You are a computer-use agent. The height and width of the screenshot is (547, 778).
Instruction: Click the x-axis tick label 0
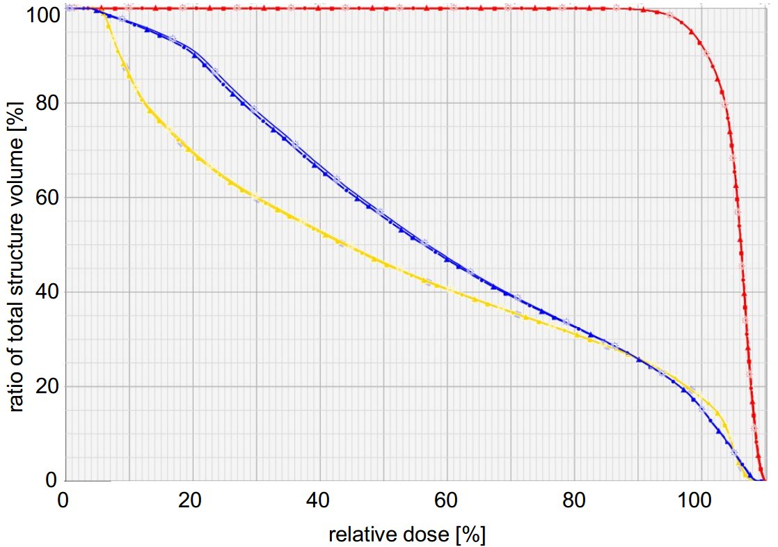coord(63,500)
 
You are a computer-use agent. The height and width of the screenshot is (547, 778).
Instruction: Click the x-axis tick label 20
coord(191,500)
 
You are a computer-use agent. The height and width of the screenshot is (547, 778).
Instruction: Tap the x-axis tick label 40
coord(319,500)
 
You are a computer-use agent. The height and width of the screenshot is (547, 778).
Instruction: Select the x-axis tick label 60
coord(446,500)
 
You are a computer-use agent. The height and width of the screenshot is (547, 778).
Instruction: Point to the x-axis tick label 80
coord(573,500)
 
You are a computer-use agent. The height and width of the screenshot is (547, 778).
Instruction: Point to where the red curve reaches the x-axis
coord(764,479)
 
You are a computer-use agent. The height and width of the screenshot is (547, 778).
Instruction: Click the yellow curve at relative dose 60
coord(446,287)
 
